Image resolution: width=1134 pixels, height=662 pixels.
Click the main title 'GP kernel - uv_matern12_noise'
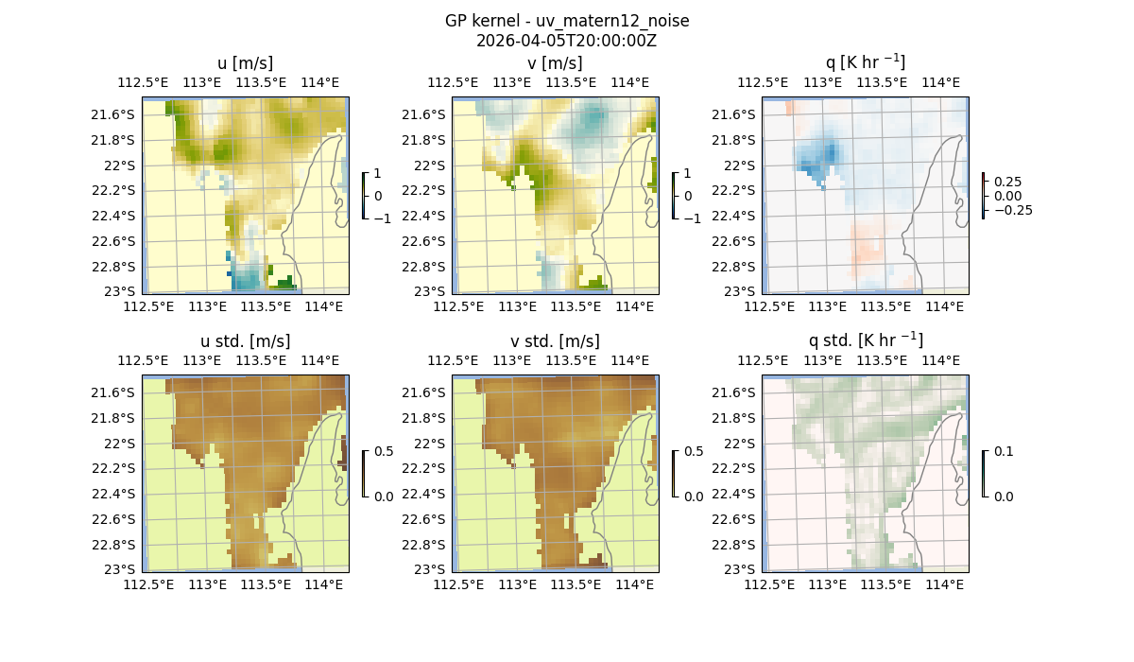pos(567,21)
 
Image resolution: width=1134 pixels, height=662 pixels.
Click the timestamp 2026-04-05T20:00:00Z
pos(567,41)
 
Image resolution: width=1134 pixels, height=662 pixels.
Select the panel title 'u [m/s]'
pos(246,63)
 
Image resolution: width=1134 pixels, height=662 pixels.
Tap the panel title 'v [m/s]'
pos(556,63)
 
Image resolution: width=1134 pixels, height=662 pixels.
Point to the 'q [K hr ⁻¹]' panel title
pos(865,62)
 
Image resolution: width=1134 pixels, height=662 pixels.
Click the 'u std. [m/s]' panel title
pos(246,341)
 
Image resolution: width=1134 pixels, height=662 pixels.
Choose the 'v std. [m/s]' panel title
pos(556,341)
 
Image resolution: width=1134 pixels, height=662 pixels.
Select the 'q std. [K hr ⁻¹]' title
pos(865,340)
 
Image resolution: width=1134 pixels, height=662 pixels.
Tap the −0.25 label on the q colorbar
pos(1012,210)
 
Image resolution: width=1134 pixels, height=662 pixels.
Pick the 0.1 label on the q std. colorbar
pos(1004,451)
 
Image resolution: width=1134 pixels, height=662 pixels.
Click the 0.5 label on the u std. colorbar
pos(384,451)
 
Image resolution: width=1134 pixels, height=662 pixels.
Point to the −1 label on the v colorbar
pos(694,218)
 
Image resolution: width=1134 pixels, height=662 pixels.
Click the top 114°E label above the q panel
pos(940,83)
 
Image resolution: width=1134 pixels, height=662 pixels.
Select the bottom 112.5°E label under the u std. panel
pos(148,585)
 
